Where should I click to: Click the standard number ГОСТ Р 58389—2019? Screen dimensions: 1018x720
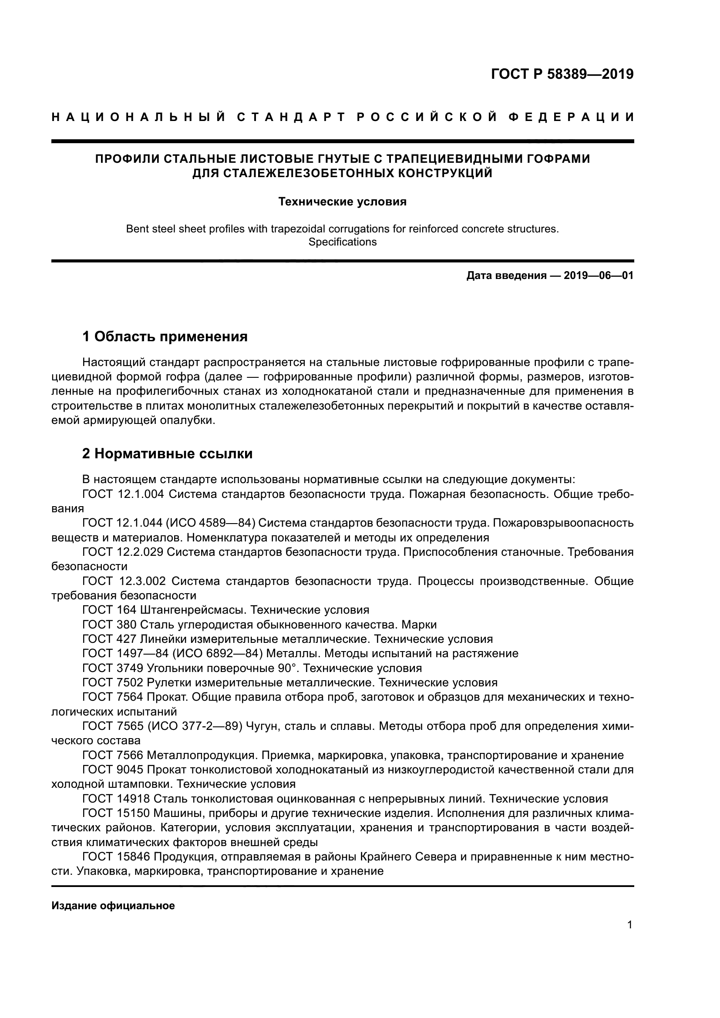(x=562, y=74)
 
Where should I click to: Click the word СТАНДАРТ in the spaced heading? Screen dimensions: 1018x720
(x=290, y=117)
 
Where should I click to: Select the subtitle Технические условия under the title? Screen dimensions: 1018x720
(x=342, y=202)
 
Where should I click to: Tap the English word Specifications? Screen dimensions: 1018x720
(x=342, y=242)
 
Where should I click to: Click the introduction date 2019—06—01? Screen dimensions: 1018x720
(x=599, y=275)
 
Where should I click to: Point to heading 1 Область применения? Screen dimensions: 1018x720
(x=165, y=336)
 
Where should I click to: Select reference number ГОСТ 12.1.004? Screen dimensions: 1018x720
(x=123, y=494)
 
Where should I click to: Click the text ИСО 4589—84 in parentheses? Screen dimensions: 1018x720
(x=211, y=523)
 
